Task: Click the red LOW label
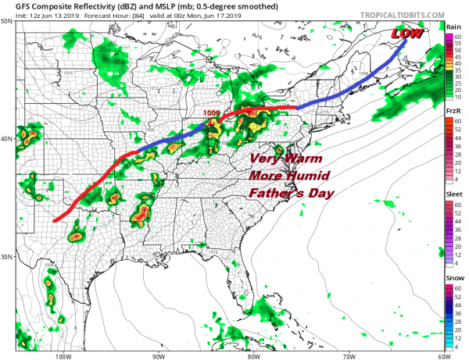[408, 34]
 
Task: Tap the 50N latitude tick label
[6, 22]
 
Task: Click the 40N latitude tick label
[6, 139]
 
